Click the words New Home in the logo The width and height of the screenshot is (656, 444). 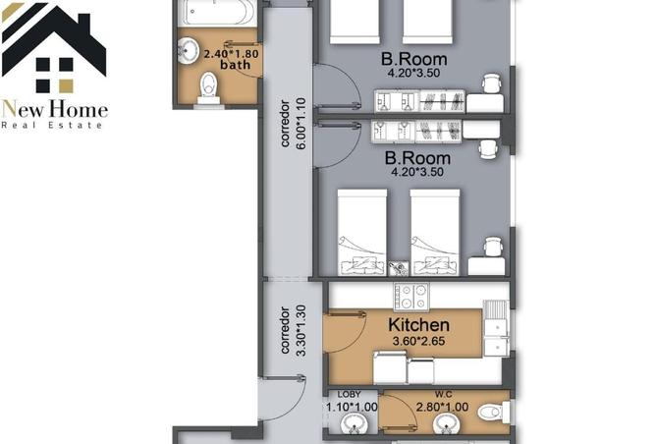coord(54,109)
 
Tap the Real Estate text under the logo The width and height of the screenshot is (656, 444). coord(54,126)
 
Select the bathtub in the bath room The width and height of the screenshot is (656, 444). coord(217,13)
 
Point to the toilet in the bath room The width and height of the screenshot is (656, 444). coord(207,89)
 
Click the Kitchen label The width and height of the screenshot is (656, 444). coord(418,325)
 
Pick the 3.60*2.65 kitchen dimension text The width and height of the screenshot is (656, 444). coord(418,341)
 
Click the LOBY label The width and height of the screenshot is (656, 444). coord(350,395)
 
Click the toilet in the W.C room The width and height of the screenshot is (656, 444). coord(491,415)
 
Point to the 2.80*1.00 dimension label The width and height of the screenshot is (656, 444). coord(446,406)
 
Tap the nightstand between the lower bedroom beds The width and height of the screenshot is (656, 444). coord(397,266)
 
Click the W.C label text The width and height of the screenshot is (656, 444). coord(445,395)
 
